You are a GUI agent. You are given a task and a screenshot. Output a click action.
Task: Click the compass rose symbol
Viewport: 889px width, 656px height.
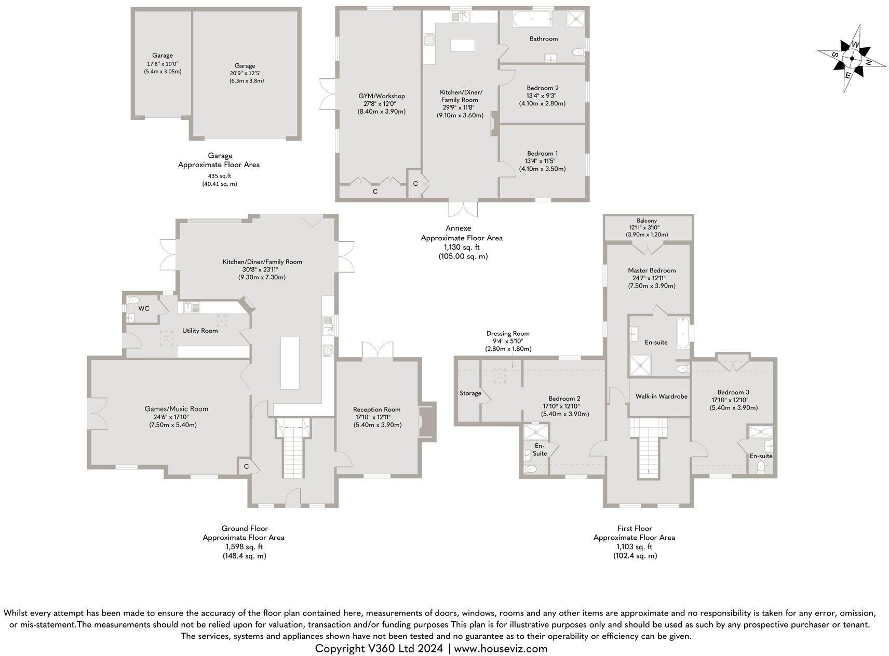(x=852, y=58)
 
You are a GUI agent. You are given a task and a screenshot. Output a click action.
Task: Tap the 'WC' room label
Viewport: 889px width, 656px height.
(x=144, y=309)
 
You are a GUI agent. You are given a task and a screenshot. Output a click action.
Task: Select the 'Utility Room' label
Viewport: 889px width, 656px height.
(x=200, y=331)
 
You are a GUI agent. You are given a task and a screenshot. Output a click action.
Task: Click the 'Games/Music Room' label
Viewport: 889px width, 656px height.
(x=177, y=409)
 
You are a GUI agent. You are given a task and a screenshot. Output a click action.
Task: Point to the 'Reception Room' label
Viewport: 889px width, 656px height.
(x=377, y=409)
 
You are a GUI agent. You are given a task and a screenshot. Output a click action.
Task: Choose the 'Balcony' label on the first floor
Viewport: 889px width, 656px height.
(x=646, y=221)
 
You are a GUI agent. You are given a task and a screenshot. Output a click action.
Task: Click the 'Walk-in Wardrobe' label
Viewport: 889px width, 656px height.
(x=662, y=397)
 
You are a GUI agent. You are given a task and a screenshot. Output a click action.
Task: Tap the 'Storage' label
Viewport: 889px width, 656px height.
(x=470, y=393)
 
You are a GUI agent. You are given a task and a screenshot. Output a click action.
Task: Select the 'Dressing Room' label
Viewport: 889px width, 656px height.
(x=508, y=334)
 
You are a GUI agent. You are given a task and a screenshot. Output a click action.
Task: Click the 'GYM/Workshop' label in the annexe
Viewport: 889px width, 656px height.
(x=382, y=96)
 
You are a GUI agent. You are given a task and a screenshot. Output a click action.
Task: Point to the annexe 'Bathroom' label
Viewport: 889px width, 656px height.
(x=544, y=39)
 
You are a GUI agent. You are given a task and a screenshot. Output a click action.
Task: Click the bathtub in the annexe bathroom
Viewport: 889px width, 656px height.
(x=531, y=20)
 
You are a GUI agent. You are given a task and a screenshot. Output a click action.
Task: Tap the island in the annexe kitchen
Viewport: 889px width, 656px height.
(x=463, y=46)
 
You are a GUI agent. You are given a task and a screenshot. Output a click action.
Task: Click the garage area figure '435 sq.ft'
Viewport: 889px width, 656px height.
(x=220, y=176)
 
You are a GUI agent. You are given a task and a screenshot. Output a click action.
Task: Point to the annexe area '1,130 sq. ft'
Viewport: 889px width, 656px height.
(x=462, y=248)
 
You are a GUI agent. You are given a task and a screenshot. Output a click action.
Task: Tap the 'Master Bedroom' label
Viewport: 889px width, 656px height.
(x=652, y=270)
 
